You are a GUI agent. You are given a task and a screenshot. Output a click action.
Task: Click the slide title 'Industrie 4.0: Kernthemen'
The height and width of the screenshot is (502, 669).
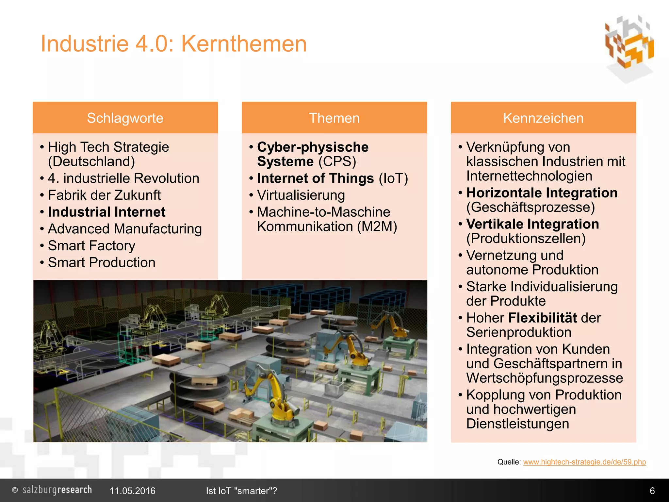pyautogui.click(x=173, y=44)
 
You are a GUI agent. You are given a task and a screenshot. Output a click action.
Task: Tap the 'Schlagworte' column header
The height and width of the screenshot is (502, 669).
pyautogui.click(x=125, y=118)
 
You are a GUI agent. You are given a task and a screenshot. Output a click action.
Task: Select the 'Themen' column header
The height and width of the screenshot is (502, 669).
pyautogui.click(x=334, y=118)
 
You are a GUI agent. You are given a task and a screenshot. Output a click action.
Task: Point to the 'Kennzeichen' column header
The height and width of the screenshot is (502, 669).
pyautogui.click(x=543, y=118)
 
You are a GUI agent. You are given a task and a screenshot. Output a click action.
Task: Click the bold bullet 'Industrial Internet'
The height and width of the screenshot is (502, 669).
pyautogui.click(x=106, y=212)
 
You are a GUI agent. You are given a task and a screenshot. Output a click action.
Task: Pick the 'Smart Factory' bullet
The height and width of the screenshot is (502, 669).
pyautogui.click(x=91, y=246)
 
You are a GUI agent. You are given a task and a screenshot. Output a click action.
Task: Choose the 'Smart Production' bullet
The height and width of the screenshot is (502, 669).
pyautogui.click(x=102, y=263)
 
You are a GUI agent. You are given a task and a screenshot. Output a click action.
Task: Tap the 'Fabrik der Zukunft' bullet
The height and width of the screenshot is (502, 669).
pyautogui.click(x=104, y=195)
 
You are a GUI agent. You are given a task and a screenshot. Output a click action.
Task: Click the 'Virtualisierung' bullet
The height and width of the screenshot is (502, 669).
pyautogui.click(x=301, y=195)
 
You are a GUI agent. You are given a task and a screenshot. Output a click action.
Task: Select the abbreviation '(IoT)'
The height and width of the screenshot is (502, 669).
pyautogui.click(x=393, y=178)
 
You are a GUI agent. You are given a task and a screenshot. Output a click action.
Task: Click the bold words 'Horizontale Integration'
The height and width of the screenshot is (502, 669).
pyautogui.click(x=542, y=193)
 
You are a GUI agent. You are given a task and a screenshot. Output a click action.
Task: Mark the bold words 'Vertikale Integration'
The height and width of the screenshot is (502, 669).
pyautogui.click(x=532, y=224)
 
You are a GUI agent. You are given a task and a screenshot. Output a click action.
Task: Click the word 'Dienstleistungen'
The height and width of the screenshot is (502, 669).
pyautogui.click(x=517, y=424)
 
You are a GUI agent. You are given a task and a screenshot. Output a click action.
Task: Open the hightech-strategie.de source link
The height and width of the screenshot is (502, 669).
pyautogui.click(x=584, y=462)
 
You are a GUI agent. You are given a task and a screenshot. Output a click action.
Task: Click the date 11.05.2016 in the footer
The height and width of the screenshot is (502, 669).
pyautogui.click(x=132, y=491)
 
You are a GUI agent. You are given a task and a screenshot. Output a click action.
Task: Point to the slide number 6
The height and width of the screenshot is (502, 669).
pyautogui.click(x=652, y=491)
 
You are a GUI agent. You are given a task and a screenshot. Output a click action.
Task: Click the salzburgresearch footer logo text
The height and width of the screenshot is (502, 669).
pyautogui.click(x=57, y=490)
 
